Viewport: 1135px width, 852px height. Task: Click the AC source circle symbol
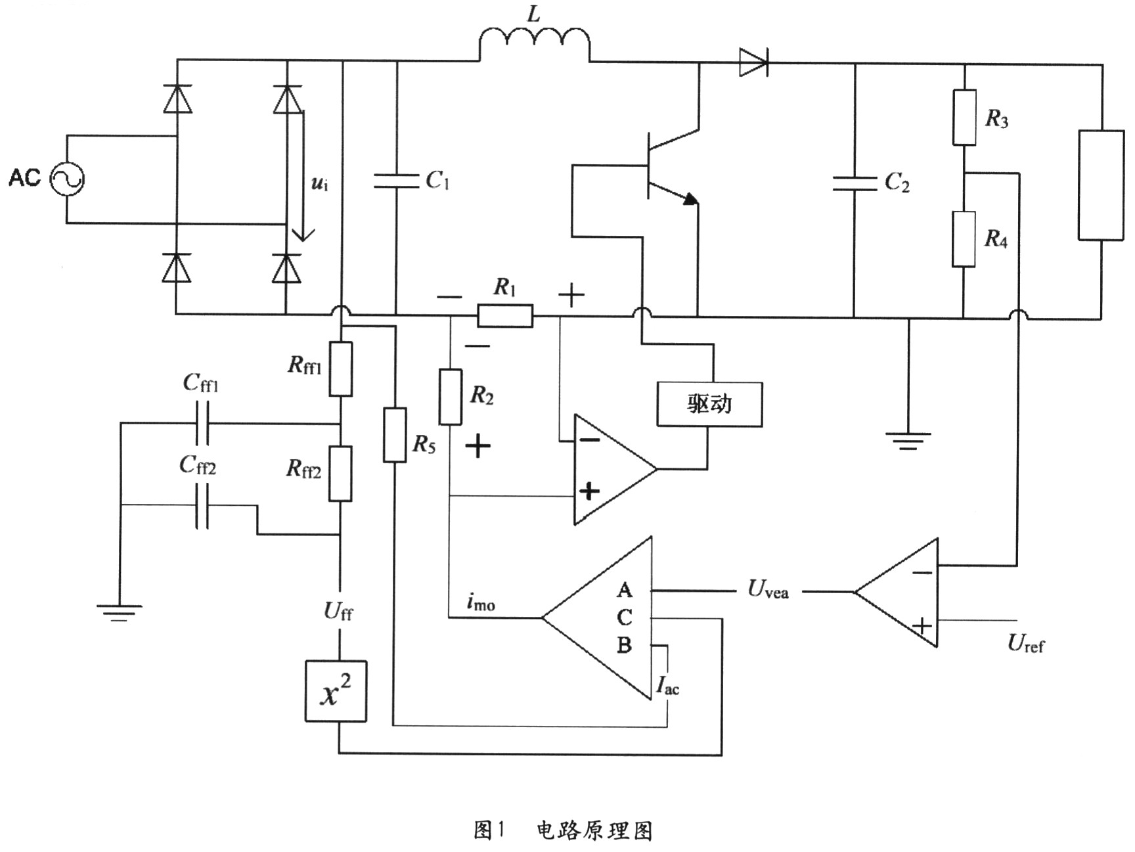click(x=68, y=179)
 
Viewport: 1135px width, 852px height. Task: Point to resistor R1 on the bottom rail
click(x=505, y=317)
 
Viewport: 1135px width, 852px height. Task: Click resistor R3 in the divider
click(x=964, y=117)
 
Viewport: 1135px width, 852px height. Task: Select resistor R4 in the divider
click(x=964, y=238)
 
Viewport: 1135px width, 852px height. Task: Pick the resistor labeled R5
click(x=394, y=434)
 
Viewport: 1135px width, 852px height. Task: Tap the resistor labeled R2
click(x=450, y=397)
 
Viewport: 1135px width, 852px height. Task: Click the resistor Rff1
click(x=340, y=369)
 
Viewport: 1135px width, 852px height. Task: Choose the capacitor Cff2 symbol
click(x=202, y=506)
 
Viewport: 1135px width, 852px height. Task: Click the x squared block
click(x=336, y=692)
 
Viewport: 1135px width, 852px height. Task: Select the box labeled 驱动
click(x=709, y=404)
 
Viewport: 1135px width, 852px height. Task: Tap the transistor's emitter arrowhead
click(x=689, y=199)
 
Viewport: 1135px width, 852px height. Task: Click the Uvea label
click(x=768, y=590)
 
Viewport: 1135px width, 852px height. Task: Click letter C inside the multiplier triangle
click(x=625, y=617)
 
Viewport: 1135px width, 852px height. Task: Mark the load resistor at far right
click(x=1101, y=185)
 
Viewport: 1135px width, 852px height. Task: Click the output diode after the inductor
click(x=753, y=62)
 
